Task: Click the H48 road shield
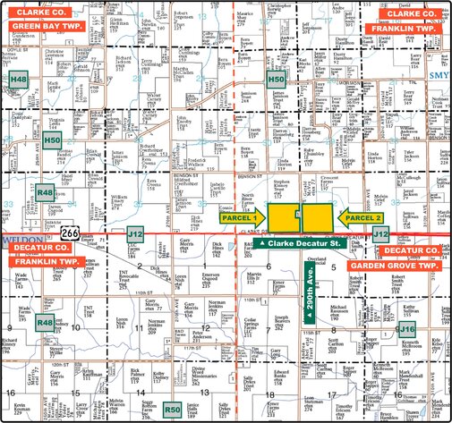[x=19, y=80]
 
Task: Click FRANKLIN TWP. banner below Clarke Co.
[x=402, y=28]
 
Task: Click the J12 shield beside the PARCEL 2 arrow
[x=380, y=233]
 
